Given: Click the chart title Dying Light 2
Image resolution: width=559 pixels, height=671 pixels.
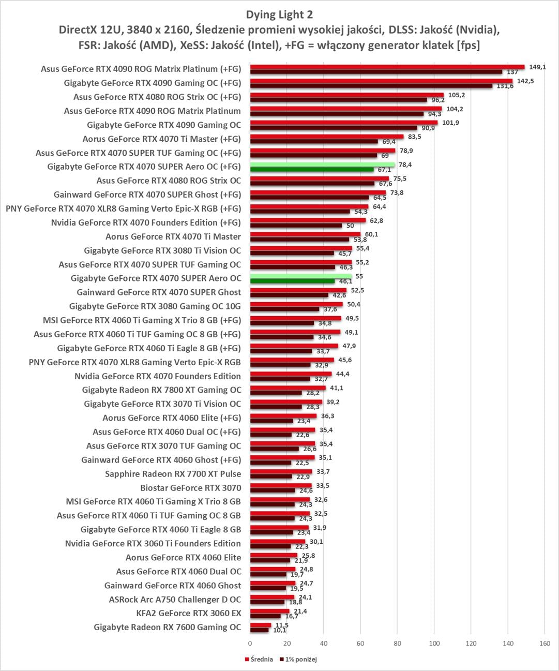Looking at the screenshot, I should point(279,14).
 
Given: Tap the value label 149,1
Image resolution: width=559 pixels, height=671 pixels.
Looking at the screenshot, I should point(536,66).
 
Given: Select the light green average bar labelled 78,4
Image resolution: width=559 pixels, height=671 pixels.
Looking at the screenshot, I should point(322,165).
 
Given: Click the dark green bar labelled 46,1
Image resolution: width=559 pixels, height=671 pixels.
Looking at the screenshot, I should point(292,281).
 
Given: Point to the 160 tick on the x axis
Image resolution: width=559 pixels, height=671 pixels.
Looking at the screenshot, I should point(545,644).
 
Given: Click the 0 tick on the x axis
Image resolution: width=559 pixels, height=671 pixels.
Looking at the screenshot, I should point(250,644).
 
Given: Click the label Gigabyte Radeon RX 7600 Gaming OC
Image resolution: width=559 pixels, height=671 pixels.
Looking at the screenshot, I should point(167,627).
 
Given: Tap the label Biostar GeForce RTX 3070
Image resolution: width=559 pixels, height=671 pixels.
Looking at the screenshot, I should point(190,487).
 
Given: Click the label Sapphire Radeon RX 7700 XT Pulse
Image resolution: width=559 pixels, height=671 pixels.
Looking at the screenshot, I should point(173,473).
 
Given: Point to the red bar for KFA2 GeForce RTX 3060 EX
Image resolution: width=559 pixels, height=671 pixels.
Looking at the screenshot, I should point(269,612).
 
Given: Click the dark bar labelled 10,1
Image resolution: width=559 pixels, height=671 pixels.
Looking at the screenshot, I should point(259,630).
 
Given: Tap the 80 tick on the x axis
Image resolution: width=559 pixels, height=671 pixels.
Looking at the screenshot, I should point(397,644).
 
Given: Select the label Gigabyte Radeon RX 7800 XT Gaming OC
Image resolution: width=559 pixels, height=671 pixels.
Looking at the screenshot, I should point(162,390).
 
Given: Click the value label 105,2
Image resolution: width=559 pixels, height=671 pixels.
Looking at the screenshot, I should point(457,95).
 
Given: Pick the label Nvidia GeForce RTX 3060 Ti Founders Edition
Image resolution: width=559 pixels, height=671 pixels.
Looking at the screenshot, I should point(153,543).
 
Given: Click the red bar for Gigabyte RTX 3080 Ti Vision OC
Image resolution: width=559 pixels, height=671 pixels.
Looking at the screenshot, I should point(301,248).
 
